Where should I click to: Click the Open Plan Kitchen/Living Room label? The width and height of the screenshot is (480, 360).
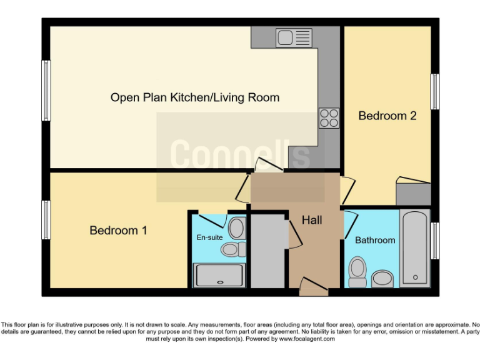click(194, 97)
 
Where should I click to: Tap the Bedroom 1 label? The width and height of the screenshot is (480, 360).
click(118, 231)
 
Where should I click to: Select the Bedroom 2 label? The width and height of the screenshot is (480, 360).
click(387, 116)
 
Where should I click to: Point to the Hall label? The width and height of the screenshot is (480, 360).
click(312, 221)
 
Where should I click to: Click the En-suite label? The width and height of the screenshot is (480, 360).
click(209, 237)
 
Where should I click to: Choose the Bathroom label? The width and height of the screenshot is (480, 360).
click(375, 240)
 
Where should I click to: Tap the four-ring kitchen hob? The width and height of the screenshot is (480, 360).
click(329, 117)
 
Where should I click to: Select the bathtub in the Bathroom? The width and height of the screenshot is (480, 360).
click(414, 248)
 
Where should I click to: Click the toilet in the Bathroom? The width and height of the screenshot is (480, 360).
click(358, 272)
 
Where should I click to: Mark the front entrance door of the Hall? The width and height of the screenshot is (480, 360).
click(313, 288)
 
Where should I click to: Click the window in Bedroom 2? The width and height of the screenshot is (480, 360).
click(434, 92)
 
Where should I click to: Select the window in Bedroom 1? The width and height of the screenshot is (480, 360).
click(46, 219)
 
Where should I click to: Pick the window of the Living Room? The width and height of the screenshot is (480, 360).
click(46, 91)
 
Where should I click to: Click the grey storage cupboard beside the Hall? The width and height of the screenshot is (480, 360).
click(267, 250)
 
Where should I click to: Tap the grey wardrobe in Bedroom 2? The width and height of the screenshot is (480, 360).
click(413, 192)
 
